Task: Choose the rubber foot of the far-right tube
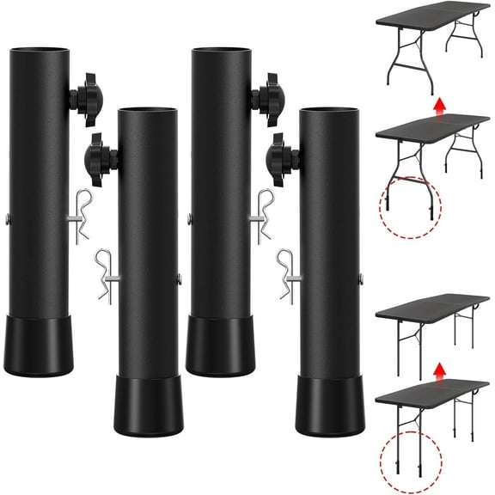pos(328,405)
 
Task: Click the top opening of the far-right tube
pos(328,111)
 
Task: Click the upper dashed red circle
pos(409,206)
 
